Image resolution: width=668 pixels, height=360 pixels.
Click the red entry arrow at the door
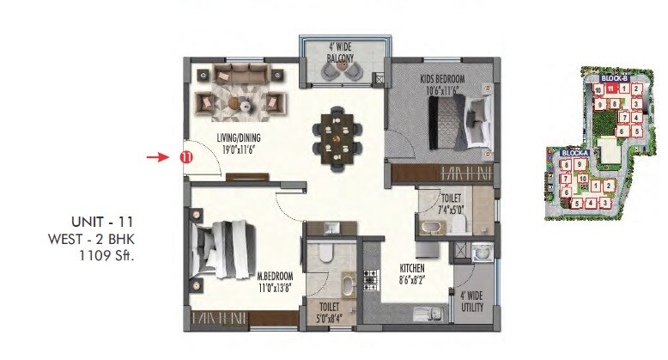click(155, 157)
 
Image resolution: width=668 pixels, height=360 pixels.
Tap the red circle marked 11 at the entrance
click(185, 157)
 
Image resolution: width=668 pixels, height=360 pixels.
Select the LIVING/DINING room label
click(239, 137)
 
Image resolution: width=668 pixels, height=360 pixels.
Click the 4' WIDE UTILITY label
click(472, 302)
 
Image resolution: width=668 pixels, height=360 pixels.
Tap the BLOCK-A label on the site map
click(573, 153)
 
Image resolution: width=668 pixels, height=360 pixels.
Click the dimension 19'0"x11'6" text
click(239, 149)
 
